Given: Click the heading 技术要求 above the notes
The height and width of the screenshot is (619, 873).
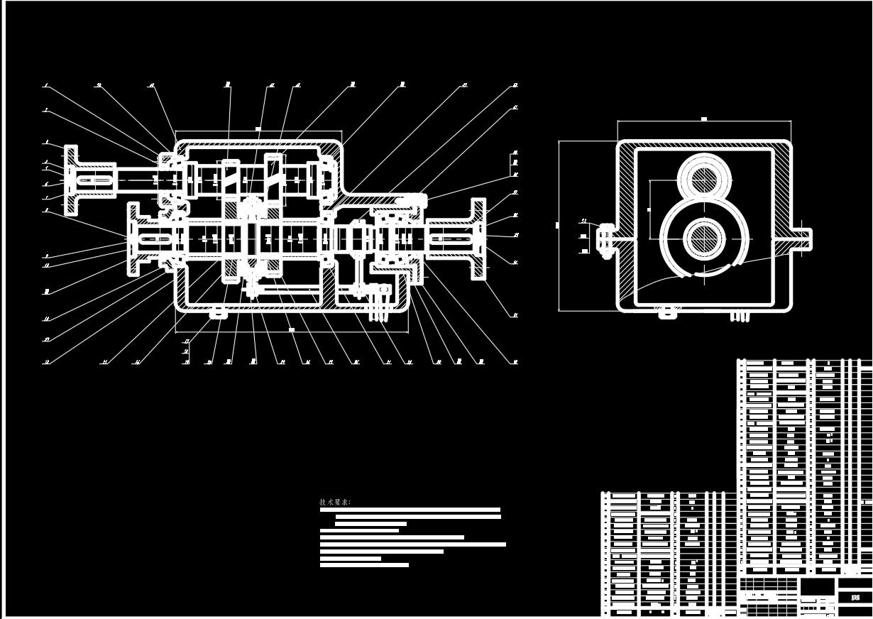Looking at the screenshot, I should click(335, 503).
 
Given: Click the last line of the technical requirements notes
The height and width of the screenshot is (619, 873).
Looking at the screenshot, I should click(364, 565).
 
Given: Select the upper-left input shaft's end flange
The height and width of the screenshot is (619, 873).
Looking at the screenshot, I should click(71, 180).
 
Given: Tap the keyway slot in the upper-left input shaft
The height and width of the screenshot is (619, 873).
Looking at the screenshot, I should click(96, 181).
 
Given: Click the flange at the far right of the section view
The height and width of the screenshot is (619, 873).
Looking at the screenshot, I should click(479, 239).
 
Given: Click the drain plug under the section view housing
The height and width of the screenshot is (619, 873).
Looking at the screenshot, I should click(219, 312).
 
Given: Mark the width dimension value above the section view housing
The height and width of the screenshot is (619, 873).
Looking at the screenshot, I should click(258, 128).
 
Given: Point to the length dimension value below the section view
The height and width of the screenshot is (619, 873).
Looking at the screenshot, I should click(291, 329).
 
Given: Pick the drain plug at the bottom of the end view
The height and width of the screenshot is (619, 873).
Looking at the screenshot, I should click(667, 312).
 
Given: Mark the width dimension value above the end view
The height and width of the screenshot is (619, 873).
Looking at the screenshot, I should click(703, 119).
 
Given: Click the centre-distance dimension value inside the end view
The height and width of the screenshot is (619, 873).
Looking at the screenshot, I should click(648, 210).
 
